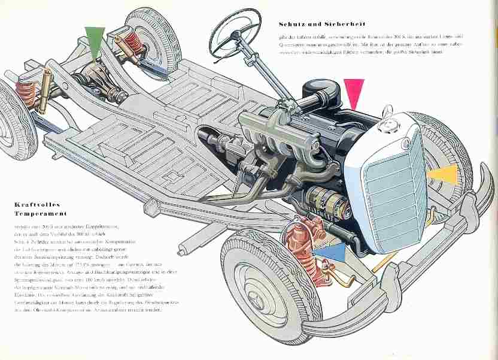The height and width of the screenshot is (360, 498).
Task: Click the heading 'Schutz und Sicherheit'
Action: [317, 25]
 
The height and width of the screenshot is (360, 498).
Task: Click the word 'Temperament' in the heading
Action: [40, 213]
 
